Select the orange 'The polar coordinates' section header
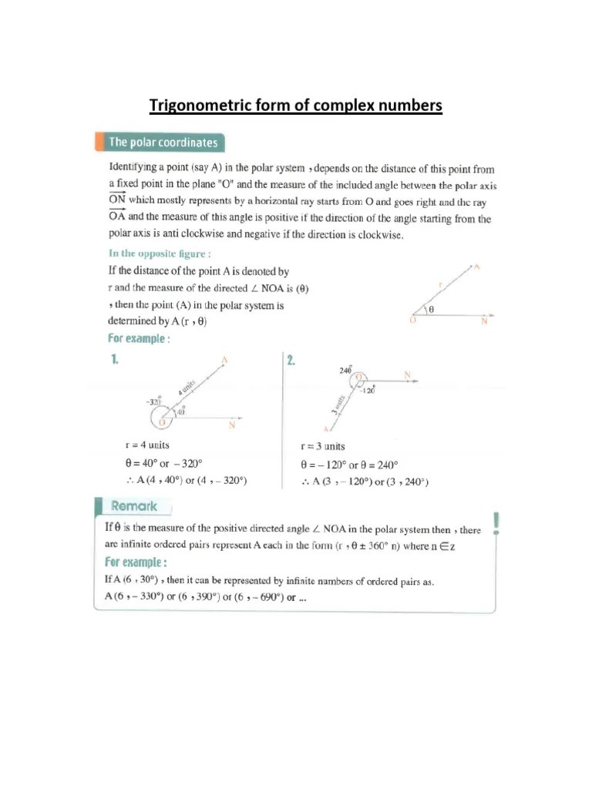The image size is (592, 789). pos(163,143)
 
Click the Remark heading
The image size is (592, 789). pos(134,506)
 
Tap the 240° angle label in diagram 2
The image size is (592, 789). pos(345,371)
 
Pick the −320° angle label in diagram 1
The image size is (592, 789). pos(152,402)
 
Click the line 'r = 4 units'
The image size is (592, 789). pos(147,445)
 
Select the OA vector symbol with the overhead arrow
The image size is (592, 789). pos(116,218)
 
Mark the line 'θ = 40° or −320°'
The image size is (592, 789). pos(163,463)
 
